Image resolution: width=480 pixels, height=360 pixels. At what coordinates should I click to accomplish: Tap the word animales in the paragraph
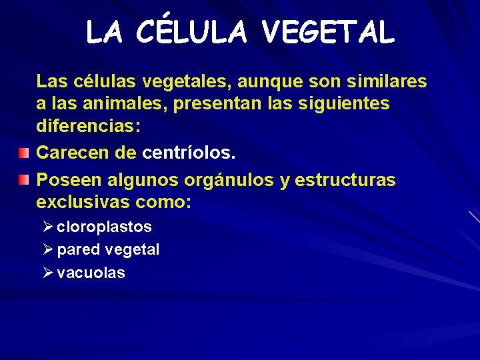coord(117,104)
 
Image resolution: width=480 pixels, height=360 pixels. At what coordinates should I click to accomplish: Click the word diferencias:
coord(83,127)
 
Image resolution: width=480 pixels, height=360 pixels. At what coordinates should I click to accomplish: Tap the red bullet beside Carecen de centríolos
coord(24,153)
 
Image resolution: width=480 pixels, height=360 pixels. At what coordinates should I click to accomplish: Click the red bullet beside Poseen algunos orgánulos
coord(24,180)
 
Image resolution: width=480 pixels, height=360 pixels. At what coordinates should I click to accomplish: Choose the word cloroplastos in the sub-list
coord(105,227)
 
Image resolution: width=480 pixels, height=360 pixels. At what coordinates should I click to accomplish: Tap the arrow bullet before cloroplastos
coord(47,227)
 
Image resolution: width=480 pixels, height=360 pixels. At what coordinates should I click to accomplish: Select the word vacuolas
coord(91,273)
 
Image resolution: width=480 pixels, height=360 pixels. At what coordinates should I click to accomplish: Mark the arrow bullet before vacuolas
coord(47,272)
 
